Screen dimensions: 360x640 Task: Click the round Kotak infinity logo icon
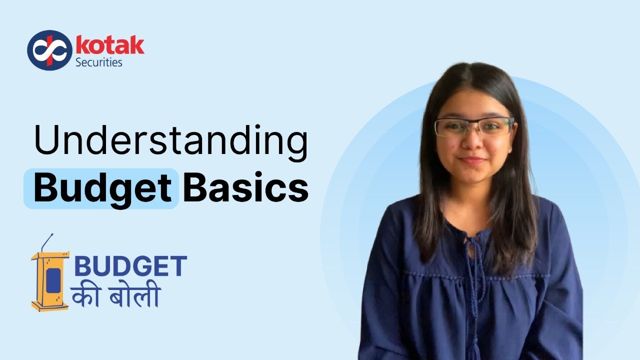click(49, 50)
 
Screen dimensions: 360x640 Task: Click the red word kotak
click(109, 45)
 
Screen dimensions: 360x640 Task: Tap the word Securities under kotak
click(98, 62)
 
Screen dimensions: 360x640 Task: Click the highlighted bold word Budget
click(102, 188)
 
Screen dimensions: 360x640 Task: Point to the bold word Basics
click(245, 188)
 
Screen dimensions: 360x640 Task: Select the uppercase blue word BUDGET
click(130, 267)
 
